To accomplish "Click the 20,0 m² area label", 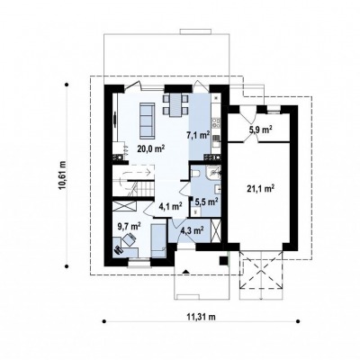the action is tap(152, 148).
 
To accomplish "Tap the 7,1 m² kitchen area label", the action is tap(198, 135).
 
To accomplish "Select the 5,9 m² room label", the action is tap(261, 130).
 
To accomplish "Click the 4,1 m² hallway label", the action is tap(170, 206).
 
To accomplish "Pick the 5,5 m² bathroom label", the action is tap(206, 202).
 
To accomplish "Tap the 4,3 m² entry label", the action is tap(193, 230).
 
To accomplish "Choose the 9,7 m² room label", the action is tap(130, 226).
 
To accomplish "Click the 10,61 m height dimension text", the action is tap(62, 175).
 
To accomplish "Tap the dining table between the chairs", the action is tap(175, 105).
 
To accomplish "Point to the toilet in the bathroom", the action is tap(194, 174).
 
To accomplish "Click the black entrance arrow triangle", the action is tap(186, 272).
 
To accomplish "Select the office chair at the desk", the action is tap(130, 239).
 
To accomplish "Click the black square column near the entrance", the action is tap(224, 260).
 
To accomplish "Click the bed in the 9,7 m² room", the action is tap(158, 240).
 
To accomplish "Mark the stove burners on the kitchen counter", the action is tap(216, 121).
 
